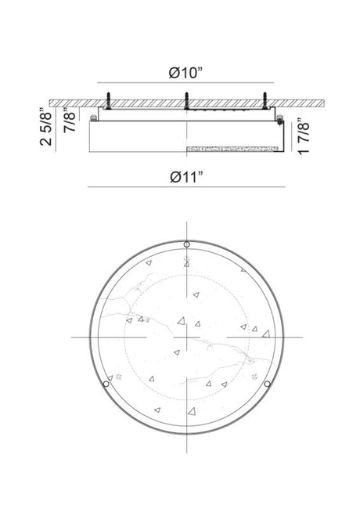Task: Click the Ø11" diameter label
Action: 186,177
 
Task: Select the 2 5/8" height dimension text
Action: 45,127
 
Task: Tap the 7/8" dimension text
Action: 70,120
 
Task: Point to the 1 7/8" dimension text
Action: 304,136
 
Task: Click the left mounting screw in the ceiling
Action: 108,100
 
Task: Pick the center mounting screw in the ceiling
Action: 186,100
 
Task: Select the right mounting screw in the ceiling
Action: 265,100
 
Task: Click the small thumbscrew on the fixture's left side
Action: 94,117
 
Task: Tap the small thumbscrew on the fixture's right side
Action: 279,119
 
